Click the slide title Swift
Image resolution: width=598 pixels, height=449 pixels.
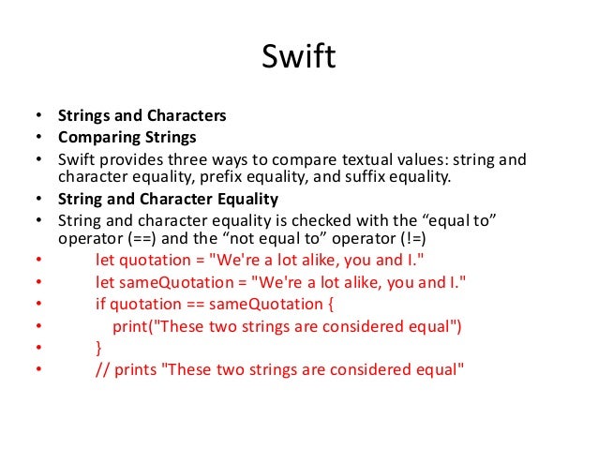coord(298,59)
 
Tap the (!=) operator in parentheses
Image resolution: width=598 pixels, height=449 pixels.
coord(409,238)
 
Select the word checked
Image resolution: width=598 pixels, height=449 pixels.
coord(310,219)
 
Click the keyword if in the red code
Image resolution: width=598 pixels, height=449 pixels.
coord(101,304)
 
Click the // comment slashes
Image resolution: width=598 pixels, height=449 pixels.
coord(102,368)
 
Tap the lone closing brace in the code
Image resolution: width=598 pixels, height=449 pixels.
coord(99,347)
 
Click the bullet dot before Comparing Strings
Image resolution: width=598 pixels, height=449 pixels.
coord(37,137)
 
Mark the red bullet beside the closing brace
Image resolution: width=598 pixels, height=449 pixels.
coord(37,348)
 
